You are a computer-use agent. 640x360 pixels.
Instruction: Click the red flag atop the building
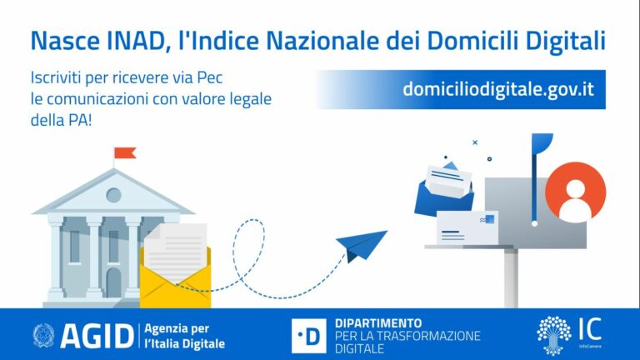click(x=125, y=153)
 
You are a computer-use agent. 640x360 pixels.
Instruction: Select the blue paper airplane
click(x=360, y=244)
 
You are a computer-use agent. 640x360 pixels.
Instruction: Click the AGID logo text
click(x=95, y=335)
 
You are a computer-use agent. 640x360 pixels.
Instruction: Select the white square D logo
click(x=309, y=335)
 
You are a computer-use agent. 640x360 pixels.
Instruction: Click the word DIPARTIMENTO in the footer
click(x=377, y=322)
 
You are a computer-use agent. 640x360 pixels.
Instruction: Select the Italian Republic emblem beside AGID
click(x=43, y=335)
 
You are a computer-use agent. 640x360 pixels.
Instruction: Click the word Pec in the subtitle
click(x=227, y=79)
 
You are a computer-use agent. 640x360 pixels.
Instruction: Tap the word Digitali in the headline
click(x=566, y=40)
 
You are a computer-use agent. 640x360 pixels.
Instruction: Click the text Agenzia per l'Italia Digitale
click(x=184, y=335)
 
